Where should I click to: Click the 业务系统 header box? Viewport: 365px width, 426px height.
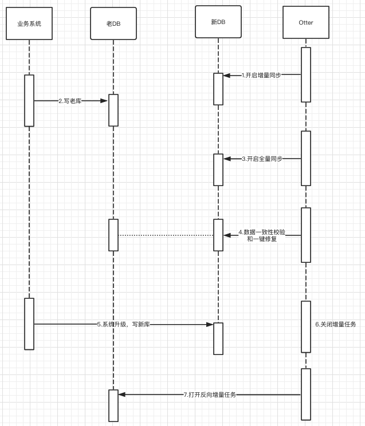tap(29, 23)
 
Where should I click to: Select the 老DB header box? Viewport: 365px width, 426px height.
tap(113, 23)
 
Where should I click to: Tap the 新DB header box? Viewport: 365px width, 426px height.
tap(218, 22)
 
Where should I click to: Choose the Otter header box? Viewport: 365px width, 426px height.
tap(306, 23)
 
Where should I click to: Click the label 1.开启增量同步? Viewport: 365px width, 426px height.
tap(261, 75)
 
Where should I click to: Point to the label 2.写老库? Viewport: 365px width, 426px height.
tap(70, 101)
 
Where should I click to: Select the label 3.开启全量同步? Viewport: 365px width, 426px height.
tap(262, 159)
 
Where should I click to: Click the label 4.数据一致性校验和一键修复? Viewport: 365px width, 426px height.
tap(262, 235)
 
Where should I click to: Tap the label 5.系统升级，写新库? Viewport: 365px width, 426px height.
tap(124, 324)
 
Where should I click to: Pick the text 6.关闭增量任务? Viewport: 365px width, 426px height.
tap(336, 324)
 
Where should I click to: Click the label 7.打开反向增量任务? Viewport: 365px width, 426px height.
tap(210, 395)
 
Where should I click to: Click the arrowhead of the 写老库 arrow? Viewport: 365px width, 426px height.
tap(104, 101)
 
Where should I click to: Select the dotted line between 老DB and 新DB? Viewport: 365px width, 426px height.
tap(166, 235)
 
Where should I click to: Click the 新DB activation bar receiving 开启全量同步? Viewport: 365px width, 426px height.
tap(218, 169)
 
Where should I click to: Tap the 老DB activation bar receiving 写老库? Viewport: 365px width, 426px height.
tap(113, 110)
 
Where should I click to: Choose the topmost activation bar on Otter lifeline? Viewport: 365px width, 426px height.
tap(306, 74)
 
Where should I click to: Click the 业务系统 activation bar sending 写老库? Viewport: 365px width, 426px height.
tap(29, 100)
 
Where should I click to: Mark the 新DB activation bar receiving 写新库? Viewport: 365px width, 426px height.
tap(218, 338)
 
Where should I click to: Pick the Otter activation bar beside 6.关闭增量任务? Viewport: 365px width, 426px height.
tap(306, 326)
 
